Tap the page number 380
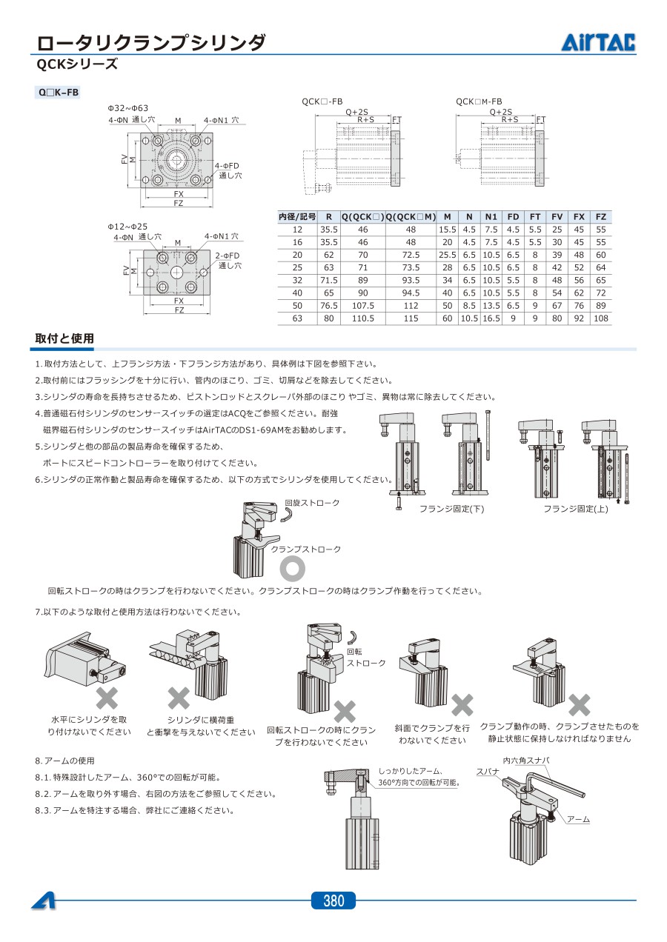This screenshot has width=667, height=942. coord(333,901)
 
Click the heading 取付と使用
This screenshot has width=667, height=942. coord(64,338)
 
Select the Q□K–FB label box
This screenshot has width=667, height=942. coord(58,93)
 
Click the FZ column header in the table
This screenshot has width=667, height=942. coord(601,217)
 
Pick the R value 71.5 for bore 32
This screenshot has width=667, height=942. coord(328,281)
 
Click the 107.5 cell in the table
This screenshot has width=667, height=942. coord(363,306)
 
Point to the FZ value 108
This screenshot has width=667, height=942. coord(601,318)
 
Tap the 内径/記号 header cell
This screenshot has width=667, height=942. coord(297,217)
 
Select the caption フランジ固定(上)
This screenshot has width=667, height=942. coord(575,509)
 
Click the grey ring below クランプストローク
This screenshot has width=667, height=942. coord(292,568)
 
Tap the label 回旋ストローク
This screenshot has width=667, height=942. coord(312,503)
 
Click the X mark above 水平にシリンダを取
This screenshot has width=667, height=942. coord(108,697)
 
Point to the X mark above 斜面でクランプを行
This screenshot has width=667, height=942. coord(462,705)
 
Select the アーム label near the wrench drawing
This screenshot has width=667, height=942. coord(578,819)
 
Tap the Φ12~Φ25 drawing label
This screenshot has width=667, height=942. coord(128,226)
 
